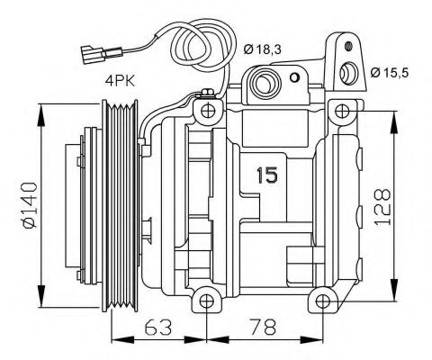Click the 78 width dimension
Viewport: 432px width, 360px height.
261,327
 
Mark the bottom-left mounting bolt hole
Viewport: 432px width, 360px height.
206,301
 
